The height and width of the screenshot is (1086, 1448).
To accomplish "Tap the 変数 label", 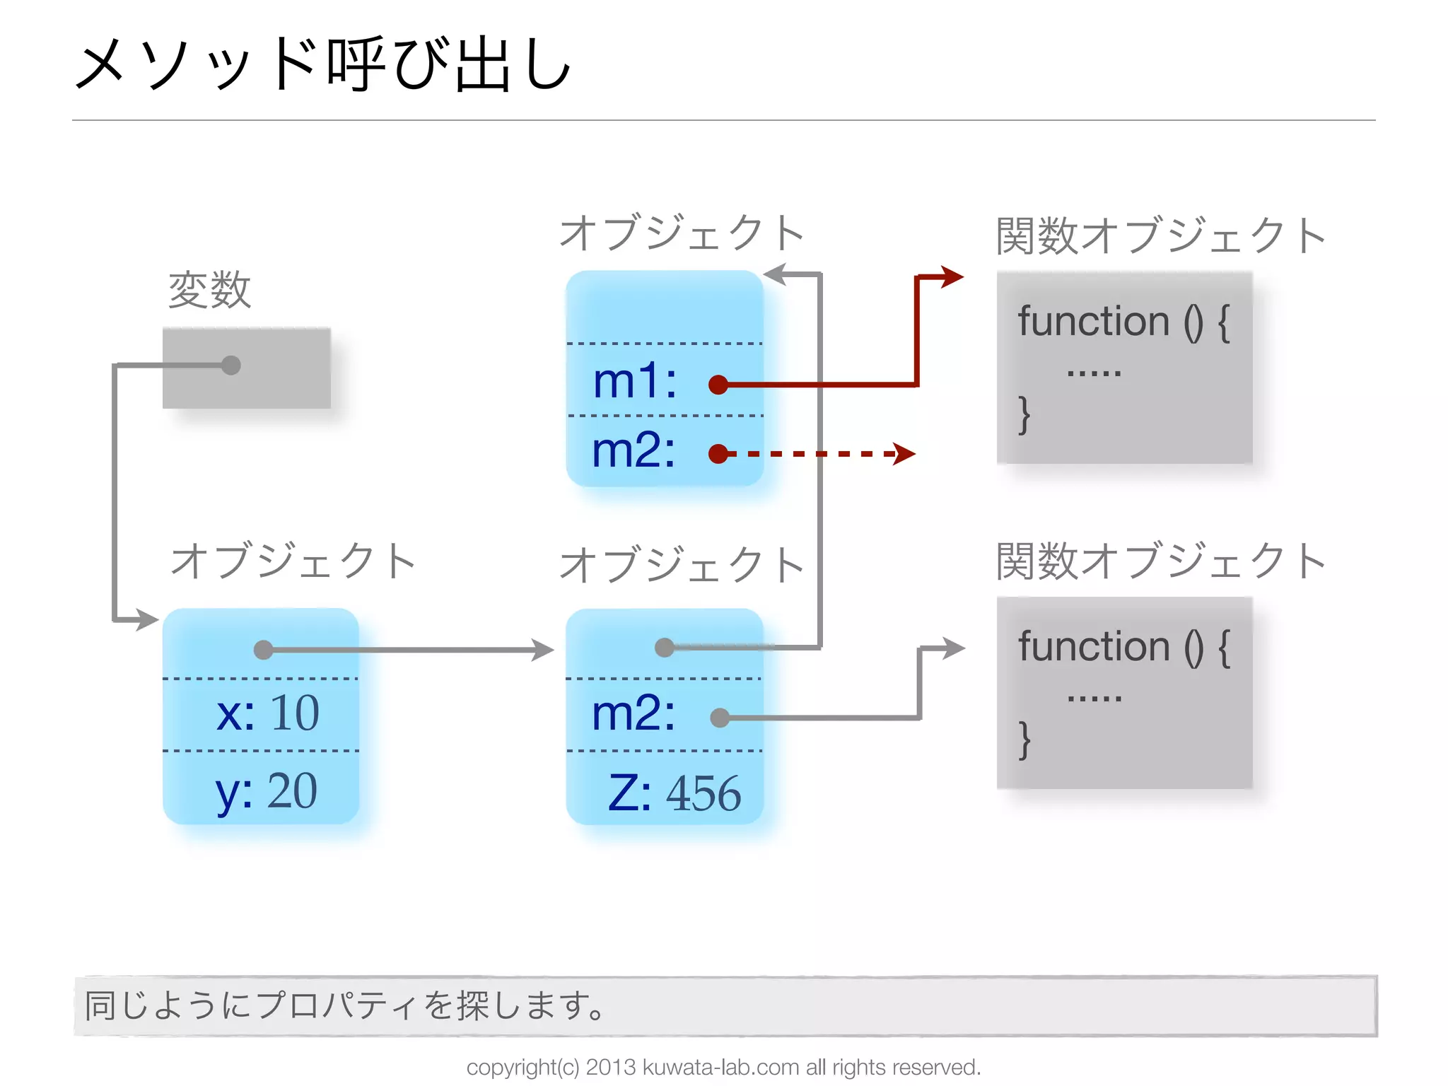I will [x=209, y=289].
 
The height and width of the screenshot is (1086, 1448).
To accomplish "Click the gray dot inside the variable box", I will [x=230, y=365].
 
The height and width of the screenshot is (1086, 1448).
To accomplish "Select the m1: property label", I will [x=634, y=381].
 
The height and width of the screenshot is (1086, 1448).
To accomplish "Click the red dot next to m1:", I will [x=718, y=385].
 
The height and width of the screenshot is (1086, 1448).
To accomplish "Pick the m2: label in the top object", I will [x=633, y=450].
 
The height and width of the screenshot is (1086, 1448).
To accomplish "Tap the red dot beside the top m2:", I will [x=718, y=454].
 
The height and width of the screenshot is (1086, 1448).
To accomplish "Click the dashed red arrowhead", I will [x=904, y=454].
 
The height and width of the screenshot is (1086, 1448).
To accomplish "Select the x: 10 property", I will [x=267, y=713].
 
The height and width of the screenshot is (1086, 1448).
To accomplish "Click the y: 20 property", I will [x=266, y=791].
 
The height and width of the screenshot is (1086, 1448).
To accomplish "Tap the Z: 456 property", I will [x=674, y=793].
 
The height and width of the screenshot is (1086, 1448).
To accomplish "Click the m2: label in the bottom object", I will [x=633, y=713].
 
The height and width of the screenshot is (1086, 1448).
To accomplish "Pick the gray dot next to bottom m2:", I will [x=720, y=718].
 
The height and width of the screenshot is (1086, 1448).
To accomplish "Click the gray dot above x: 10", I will [x=263, y=650].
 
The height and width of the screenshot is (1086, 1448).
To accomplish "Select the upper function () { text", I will [x=1123, y=322].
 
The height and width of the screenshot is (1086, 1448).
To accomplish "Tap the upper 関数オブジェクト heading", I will [x=1160, y=235].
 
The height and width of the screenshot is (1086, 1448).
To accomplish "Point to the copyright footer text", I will [x=723, y=1067].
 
